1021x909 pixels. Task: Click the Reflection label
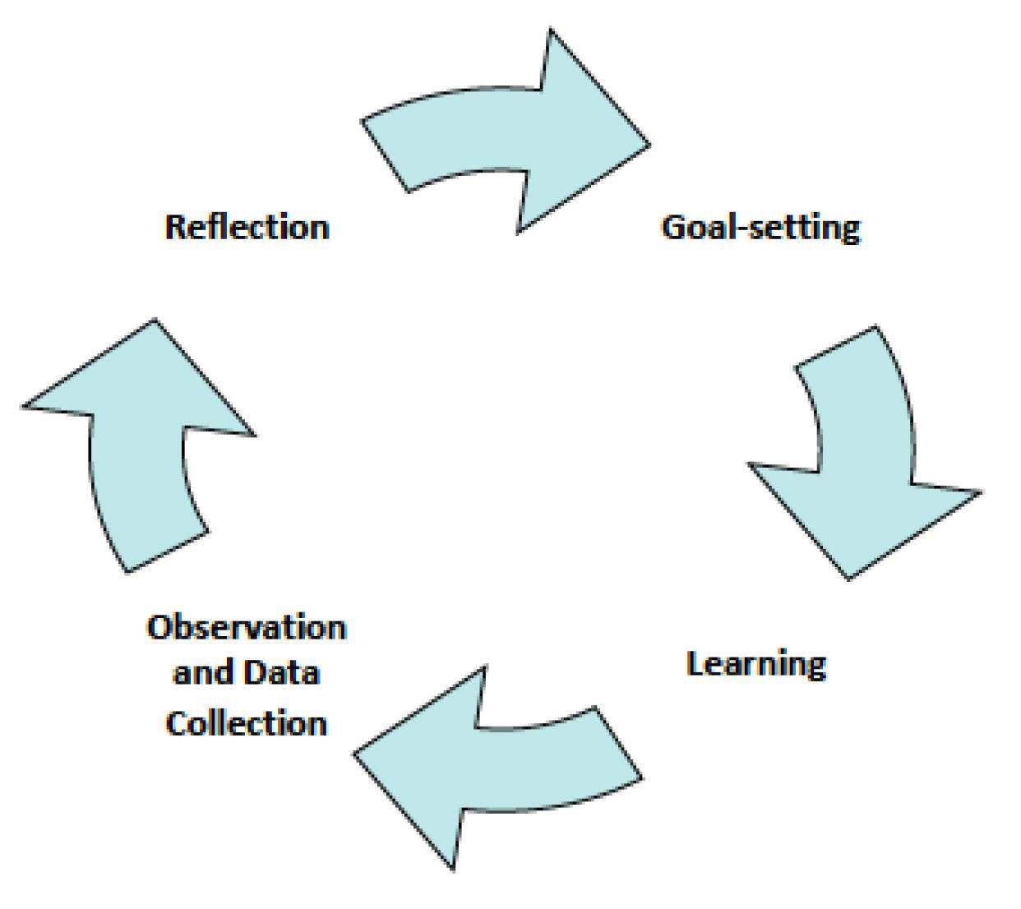247,226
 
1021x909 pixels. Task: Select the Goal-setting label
760,226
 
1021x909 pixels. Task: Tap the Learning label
755,663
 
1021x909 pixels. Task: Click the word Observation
247,628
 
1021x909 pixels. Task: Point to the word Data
287,673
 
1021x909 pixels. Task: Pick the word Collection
247,722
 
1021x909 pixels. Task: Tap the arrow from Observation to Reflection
140,444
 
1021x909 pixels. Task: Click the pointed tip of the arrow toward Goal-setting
648,144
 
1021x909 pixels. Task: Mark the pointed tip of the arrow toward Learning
848,578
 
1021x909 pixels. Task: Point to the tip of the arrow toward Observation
356,753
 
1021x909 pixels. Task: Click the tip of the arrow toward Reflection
154,321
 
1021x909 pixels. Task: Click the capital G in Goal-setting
673,226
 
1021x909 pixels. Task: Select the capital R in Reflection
174,226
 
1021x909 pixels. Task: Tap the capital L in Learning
694,663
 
